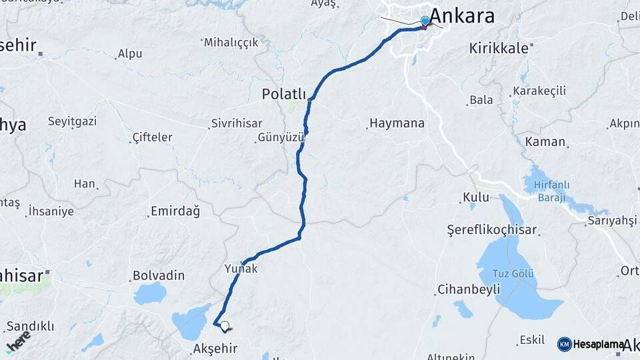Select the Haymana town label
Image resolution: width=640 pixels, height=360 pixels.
click(x=397, y=123)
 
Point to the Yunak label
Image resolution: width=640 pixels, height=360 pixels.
click(x=241, y=268)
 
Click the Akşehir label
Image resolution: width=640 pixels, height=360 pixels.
click(x=215, y=348)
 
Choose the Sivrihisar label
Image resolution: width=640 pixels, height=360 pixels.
click(x=237, y=123)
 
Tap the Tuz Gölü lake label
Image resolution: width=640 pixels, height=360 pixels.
click(x=513, y=274)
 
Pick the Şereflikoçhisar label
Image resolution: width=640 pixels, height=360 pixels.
click(x=492, y=230)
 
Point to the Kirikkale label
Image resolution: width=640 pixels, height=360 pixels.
click(x=499, y=48)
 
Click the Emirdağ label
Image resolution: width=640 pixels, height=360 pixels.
click(x=175, y=211)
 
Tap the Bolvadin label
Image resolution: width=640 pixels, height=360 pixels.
click(x=159, y=275)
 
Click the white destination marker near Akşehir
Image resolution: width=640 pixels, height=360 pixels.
click(x=225, y=327)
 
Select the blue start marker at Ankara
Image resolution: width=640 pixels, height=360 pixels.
click(x=425, y=21)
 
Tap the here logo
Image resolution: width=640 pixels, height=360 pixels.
click(x=18, y=342)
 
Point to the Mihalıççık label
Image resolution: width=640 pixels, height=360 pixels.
click(x=231, y=42)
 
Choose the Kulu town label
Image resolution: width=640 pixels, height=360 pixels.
click(x=477, y=197)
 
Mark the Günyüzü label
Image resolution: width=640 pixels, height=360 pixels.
click(x=281, y=138)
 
